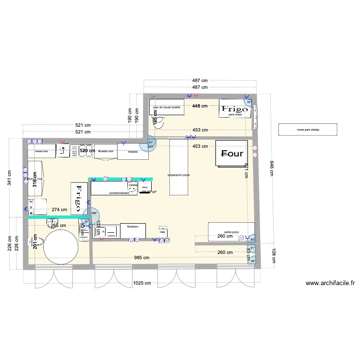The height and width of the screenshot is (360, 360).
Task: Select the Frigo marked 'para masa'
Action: [235, 109]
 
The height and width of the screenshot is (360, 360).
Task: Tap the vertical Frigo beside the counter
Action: [77, 198]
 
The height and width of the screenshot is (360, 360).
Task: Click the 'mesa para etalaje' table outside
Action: [308, 130]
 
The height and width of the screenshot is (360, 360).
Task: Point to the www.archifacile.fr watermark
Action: [330, 283]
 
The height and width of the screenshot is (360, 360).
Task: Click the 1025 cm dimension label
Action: [142, 283]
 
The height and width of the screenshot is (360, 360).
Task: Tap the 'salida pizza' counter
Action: [231, 231]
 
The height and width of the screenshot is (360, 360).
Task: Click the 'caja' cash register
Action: [163, 231]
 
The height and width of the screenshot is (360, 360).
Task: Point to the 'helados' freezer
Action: [133, 152]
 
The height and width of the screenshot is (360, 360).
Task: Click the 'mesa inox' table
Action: [42, 152]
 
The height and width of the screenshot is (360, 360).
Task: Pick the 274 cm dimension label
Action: [60, 210]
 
